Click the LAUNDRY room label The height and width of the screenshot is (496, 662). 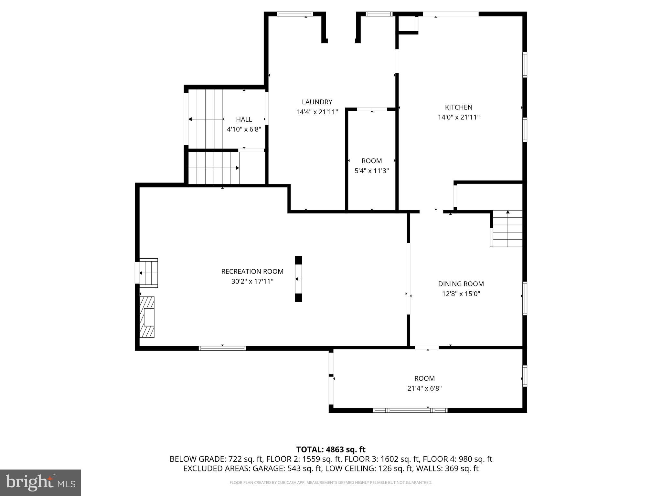click(x=317, y=102)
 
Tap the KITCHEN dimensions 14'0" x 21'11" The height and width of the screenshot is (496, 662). click(x=458, y=117)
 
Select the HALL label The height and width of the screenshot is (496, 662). click(x=244, y=119)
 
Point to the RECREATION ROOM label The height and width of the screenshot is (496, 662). click(x=252, y=272)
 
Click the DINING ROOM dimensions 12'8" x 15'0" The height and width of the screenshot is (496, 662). click(x=461, y=294)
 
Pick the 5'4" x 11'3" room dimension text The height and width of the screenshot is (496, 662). click(x=371, y=171)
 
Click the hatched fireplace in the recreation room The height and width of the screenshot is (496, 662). click(x=147, y=317)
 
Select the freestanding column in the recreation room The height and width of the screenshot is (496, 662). click(x=298, y=279)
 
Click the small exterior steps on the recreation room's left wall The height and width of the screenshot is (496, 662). click(x=149, y=273)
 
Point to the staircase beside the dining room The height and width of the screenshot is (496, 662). click(x=507, y=229)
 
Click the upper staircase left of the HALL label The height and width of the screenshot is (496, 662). click(x=206, y=119)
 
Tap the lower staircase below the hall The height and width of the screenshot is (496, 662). click(x=213, y=168)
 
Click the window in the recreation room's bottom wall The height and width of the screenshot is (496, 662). click(x=222, y=348)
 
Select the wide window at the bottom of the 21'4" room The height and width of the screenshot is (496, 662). click(x=410, y=410)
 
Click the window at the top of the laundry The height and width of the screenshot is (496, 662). click(x=295, y=14)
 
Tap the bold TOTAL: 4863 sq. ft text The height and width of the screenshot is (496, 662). click(x=331, y=449)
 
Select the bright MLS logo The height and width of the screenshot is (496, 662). click(x=40, y=483)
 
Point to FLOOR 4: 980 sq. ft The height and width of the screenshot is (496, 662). click(x=457, y=459)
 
